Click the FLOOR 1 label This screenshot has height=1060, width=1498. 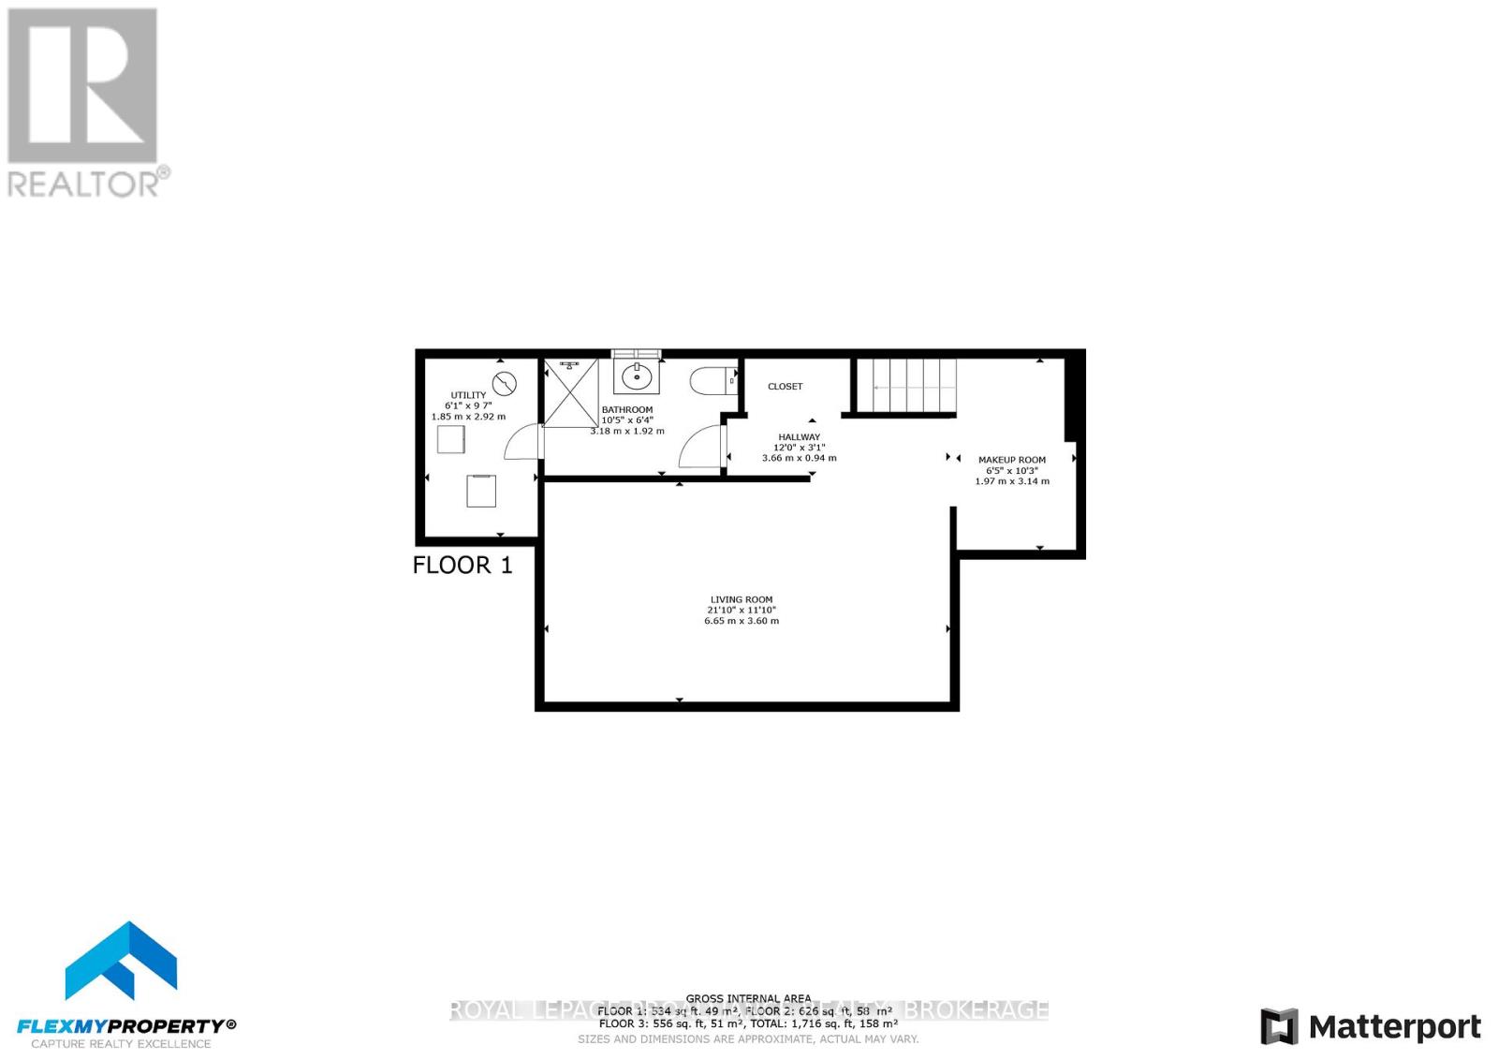(463, 565)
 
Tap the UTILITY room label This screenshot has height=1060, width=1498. (468, 395)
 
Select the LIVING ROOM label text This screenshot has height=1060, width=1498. (741, 599)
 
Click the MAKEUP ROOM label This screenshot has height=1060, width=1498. (1011, 460)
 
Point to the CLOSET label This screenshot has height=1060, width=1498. (785, 386)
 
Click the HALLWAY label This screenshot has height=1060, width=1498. (799, 436)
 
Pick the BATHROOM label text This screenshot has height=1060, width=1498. (626, 410)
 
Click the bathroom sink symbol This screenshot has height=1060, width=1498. (637, 377)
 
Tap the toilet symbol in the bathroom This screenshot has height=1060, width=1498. (711, 382)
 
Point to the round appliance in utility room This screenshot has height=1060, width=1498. (505, 383)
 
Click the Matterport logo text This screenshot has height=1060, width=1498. (1394, 1027)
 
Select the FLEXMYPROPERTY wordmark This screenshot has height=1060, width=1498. (126, 1025)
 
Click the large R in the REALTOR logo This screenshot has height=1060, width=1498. (82, 87)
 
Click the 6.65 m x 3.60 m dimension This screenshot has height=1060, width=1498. (741, 621)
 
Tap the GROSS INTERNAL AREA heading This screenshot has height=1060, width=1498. (748, 999)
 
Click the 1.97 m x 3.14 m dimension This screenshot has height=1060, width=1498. (1011, 481)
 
